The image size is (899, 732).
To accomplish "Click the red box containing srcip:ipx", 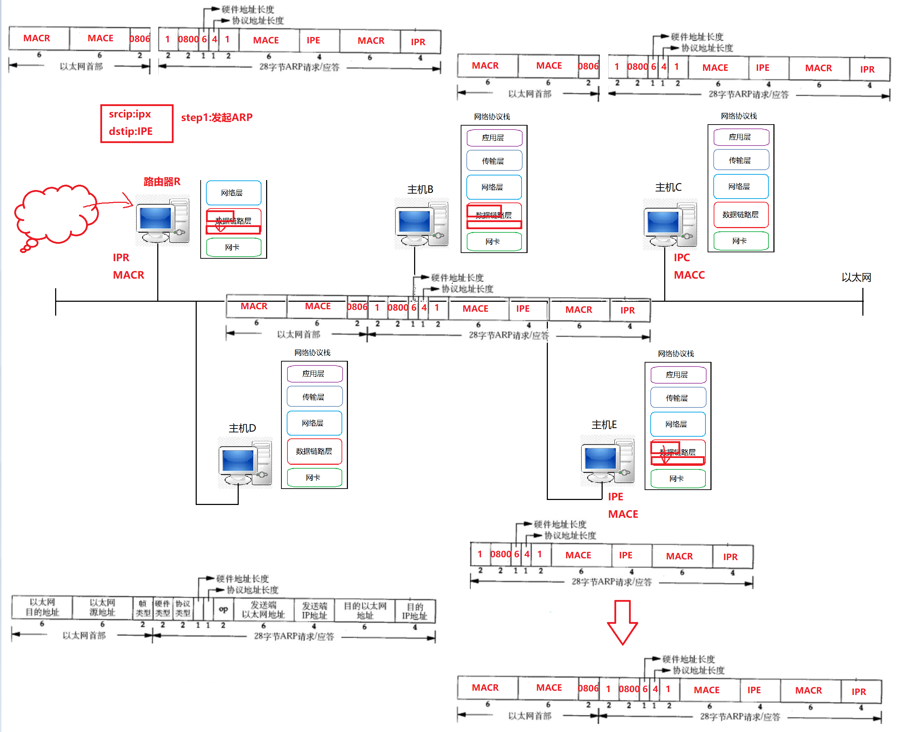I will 137,123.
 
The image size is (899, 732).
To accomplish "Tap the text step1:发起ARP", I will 217,117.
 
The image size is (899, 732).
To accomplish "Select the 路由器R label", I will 162,182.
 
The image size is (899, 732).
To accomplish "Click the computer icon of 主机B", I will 421,223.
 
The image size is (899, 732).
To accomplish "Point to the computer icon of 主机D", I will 245,463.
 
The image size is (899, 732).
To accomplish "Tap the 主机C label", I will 668,187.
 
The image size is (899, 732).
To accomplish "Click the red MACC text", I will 689,275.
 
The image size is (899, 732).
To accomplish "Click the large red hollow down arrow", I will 622,622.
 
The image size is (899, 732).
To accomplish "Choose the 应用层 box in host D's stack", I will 314,374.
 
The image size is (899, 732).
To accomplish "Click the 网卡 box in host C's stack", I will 741,241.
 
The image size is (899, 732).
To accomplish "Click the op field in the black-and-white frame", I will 223,609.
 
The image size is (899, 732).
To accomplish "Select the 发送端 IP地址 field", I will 314,610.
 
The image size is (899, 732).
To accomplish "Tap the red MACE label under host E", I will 623,514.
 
